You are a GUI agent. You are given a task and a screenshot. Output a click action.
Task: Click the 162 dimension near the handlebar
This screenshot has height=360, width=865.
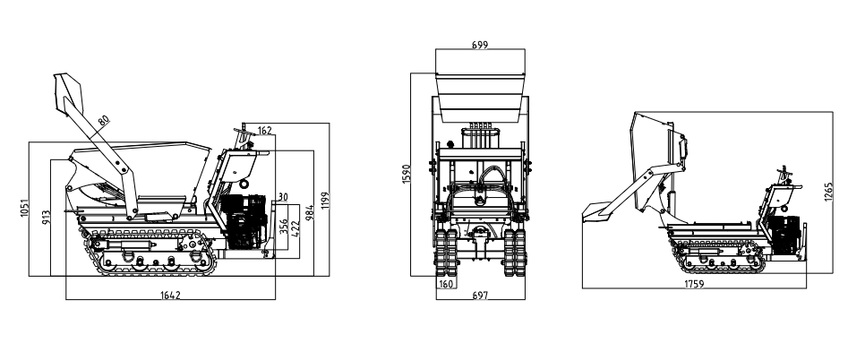[x=264, y=131]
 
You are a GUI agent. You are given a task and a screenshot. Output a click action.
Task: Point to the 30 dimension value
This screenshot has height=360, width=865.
[x=282, y=197]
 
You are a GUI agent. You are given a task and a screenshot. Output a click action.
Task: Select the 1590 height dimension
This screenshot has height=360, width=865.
[x=407, y=175]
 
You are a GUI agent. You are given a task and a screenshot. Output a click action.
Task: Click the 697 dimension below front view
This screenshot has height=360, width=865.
[x=480, y=295]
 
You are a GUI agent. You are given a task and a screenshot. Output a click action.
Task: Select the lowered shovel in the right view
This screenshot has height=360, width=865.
[x=595, y=211]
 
